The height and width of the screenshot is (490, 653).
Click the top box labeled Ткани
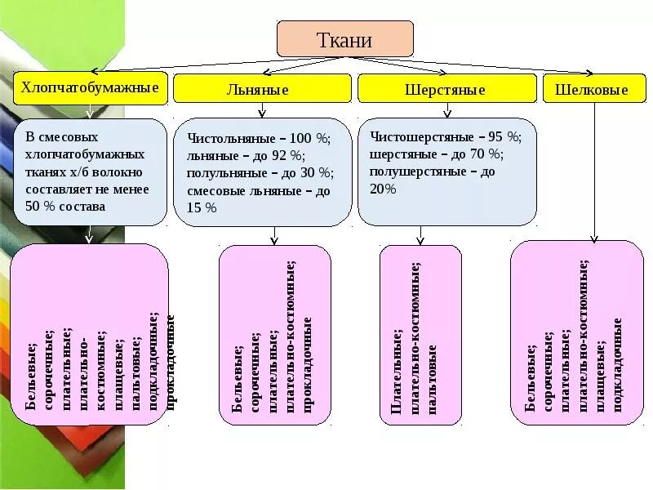pyautogui.click(x=344, y=38)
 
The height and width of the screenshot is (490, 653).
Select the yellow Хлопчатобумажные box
pyautogui.click(x=90, y=87)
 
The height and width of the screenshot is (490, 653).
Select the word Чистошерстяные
pyautogui.click(x=417, y=136)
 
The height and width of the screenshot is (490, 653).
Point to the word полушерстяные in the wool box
pyautogui.click(x=414, y=171)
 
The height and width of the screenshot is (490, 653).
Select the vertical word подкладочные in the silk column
pyautogui.click(x=618, y=364)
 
